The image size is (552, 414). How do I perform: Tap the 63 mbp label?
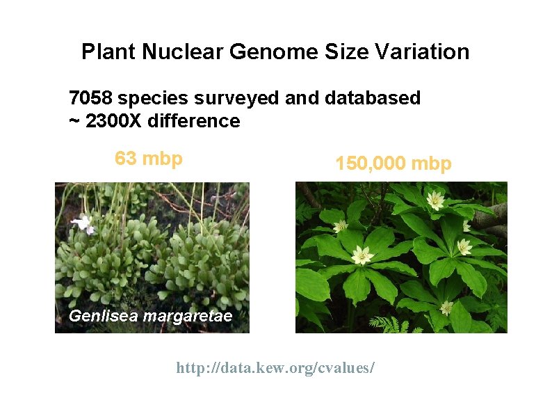[x=149, y=159]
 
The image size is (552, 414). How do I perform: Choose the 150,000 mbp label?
[x=393, y=164]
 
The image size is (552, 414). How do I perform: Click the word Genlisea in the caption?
[x=103, y=317]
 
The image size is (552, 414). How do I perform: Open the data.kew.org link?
[x=275, y=367]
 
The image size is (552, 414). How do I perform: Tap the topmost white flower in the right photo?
[x=436, y=201]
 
